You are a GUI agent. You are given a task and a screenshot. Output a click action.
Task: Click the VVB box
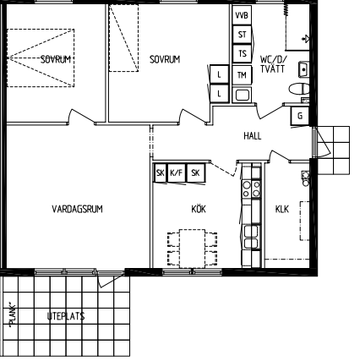coord(242,15)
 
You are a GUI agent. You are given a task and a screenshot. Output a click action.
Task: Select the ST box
coord(242,35)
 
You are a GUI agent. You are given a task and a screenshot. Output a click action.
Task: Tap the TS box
coord(242,54)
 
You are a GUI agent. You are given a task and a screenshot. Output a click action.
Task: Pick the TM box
coord(242,75)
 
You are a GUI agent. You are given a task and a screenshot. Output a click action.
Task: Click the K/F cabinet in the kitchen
coord(177,172)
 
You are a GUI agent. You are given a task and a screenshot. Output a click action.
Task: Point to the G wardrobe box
coord(300,116)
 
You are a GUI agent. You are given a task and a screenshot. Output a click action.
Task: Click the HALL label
coord(253,136)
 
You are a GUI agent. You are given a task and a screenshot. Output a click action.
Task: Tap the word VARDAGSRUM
coord(77,209)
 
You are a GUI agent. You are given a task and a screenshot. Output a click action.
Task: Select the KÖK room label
coord(199,209)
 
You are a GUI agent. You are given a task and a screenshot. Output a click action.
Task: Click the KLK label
coord(282,209)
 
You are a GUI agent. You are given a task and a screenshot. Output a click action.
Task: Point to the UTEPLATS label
coord(66,316)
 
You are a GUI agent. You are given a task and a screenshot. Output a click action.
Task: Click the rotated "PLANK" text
coord(13,315)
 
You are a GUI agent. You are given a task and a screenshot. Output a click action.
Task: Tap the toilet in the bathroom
coord(299,89)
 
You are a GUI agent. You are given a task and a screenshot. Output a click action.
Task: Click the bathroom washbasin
coord(303,69)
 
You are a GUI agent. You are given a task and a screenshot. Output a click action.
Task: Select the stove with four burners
coord(251,189)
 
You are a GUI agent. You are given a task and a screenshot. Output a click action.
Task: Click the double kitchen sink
coord(251,238)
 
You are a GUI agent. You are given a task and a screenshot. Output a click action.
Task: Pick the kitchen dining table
coord(193,249)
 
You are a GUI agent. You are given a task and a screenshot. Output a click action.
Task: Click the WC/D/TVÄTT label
coord(273,64)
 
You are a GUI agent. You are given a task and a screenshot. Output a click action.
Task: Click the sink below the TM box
coord(242,95)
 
